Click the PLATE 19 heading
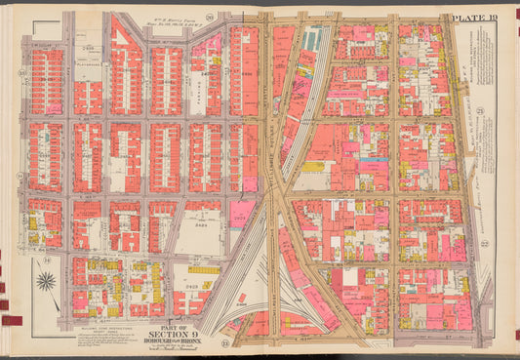pyautogui.click(x=474, y=18)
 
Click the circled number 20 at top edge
pyautogui.click(x=222, y=16)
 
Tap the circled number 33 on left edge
pyautogui.click(x=23, y=73)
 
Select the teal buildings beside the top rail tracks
pyautogui.click(x=312, y=39)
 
